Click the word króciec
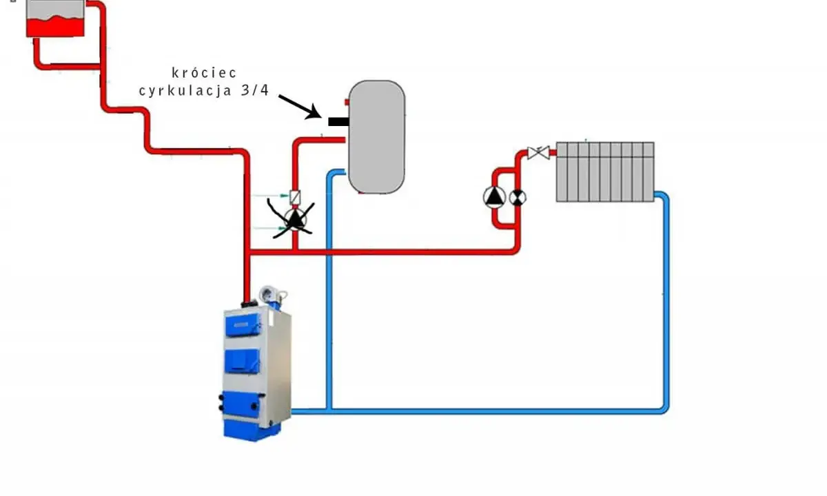coord(204,73)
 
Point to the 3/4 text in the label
coord(255,90)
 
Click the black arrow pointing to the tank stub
coord(300,107)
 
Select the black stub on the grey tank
coord(338,121)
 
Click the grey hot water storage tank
coord(376,136)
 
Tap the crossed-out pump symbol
coord(295,220)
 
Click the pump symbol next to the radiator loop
coord(494,197)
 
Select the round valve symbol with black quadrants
coord(518,198)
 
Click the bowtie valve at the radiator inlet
coord(538,152)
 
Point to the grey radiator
coord(605,172)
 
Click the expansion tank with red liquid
coord(55,19)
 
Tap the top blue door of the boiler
coord(243,324)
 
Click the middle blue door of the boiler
coord(242,360)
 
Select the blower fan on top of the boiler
coord(269,295)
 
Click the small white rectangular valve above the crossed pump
coord(295,197)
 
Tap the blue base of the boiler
coord(252,431)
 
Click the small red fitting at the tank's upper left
coord(347,102)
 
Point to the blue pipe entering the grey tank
coord(329,288)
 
